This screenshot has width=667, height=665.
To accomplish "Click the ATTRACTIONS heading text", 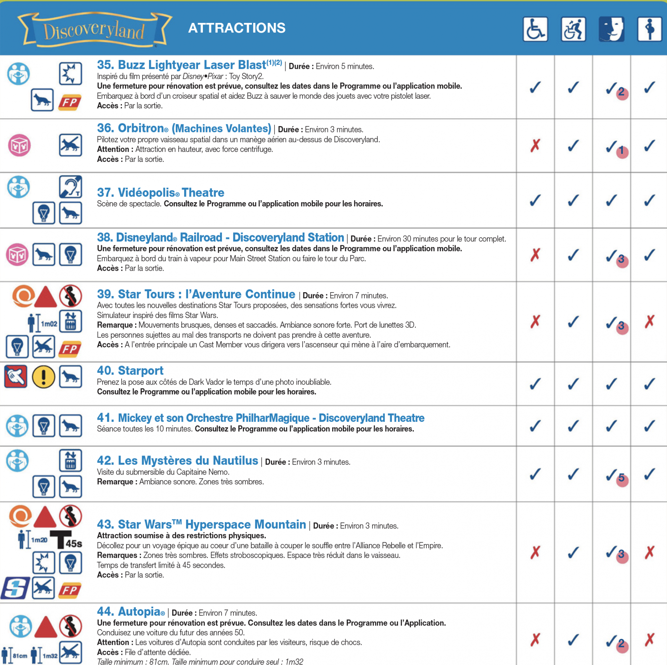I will point(237,28).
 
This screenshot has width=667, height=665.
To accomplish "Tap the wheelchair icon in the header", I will point(535,29).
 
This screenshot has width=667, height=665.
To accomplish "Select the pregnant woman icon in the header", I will point(649,29).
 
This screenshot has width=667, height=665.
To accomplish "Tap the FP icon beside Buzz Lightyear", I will point(70,102).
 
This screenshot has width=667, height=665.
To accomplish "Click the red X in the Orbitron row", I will point(535,145).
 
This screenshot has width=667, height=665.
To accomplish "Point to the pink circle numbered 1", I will point(622,151).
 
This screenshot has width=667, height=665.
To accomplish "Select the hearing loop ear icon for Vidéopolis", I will point(71,187).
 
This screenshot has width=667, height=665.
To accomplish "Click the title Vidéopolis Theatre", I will point(160,192).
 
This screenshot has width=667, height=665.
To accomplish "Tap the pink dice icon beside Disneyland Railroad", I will point(17,254).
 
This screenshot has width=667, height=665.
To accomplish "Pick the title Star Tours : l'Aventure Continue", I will point(196,294).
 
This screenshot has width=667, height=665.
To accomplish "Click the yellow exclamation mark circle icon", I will point(43,377).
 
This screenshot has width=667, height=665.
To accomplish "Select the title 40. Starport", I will point(130,370).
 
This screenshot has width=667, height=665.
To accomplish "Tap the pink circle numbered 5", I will point(622,479).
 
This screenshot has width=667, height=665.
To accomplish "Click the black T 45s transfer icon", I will point(66,540).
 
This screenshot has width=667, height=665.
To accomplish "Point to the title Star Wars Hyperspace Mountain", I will point(201,524).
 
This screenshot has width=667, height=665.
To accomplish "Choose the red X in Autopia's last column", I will point(649,639).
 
